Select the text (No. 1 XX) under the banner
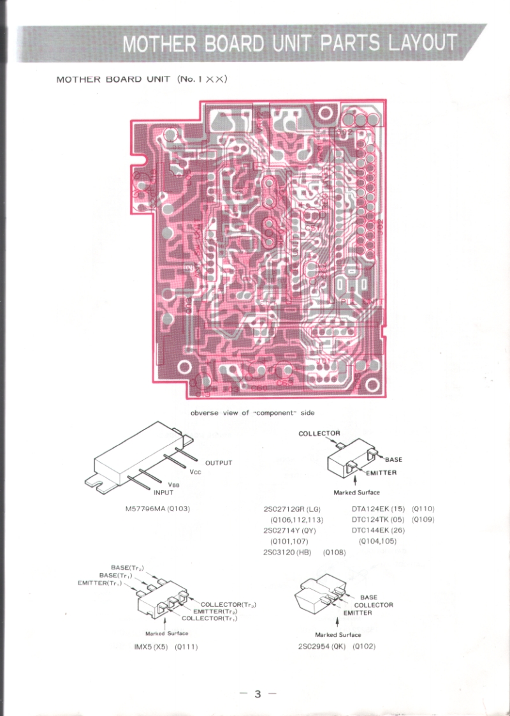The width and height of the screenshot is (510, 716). pyautogui.click(x=203, y=79)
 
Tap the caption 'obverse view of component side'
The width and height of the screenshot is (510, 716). pyautogui.click(x=252, y=413)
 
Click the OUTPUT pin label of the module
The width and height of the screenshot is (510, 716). pyautogui.click(x=219, y=463)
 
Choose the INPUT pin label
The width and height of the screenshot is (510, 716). pyautogui.click(x=163, y=492)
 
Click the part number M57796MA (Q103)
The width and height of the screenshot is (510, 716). pyautogui.click(x=158, y=509)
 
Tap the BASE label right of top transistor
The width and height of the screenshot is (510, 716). pyautogui.click(x=393, y=459)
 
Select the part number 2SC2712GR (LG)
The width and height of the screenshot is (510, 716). pyautogui.click(x=291, y=509)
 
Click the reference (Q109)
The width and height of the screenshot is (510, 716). pyautogui.click(x=423, y=519)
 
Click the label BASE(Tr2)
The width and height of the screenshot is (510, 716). pyautogui.click(x=127, y=567)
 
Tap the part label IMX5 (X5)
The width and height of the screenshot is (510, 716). pyautogui.click(x=147, y=646)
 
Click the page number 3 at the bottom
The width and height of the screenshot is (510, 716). pyautogui.click(x=258, y=694)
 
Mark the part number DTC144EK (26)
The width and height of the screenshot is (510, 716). pyautogui.click(x=378, y=530)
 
